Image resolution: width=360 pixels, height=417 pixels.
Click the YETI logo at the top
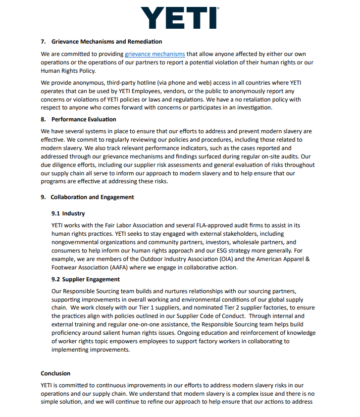(180, 18)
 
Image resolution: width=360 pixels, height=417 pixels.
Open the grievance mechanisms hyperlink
(155, 54)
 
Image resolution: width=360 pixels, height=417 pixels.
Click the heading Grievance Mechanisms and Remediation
(106, 42)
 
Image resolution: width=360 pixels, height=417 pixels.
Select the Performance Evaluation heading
(84, 119)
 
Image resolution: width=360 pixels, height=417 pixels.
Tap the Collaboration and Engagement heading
(92, 197)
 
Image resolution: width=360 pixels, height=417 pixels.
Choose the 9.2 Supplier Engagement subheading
(86, 279)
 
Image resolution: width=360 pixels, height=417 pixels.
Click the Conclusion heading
(55, 373)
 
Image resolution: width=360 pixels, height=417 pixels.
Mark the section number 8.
(44, 119)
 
